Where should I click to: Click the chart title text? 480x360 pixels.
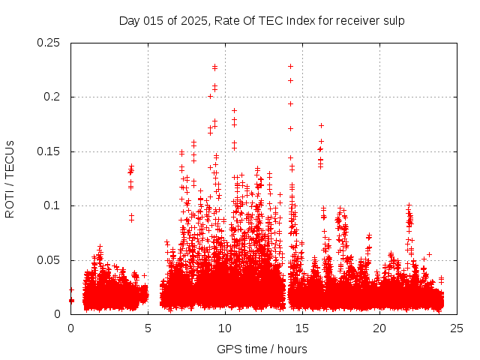[262, 20]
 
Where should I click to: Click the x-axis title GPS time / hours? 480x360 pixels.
[262, 349]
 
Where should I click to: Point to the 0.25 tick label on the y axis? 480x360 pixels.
[49, 43]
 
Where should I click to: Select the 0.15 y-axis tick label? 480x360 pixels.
[49, 151]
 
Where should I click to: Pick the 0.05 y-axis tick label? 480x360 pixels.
[49, 260]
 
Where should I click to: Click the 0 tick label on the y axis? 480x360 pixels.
[59, 314]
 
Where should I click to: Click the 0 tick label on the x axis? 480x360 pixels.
[70, 328]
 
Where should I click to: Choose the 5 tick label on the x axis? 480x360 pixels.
[148, 328]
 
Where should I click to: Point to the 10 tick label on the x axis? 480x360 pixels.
[225, 328]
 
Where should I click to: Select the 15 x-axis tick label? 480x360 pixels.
[302, 328]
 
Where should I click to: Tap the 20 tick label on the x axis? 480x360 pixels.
[379, 328]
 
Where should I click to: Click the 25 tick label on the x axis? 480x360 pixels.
[457, 328]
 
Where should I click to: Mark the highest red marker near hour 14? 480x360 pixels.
[290, 67]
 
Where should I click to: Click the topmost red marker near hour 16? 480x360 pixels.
[321, 125]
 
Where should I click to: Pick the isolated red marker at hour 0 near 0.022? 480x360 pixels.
[71, 289]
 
